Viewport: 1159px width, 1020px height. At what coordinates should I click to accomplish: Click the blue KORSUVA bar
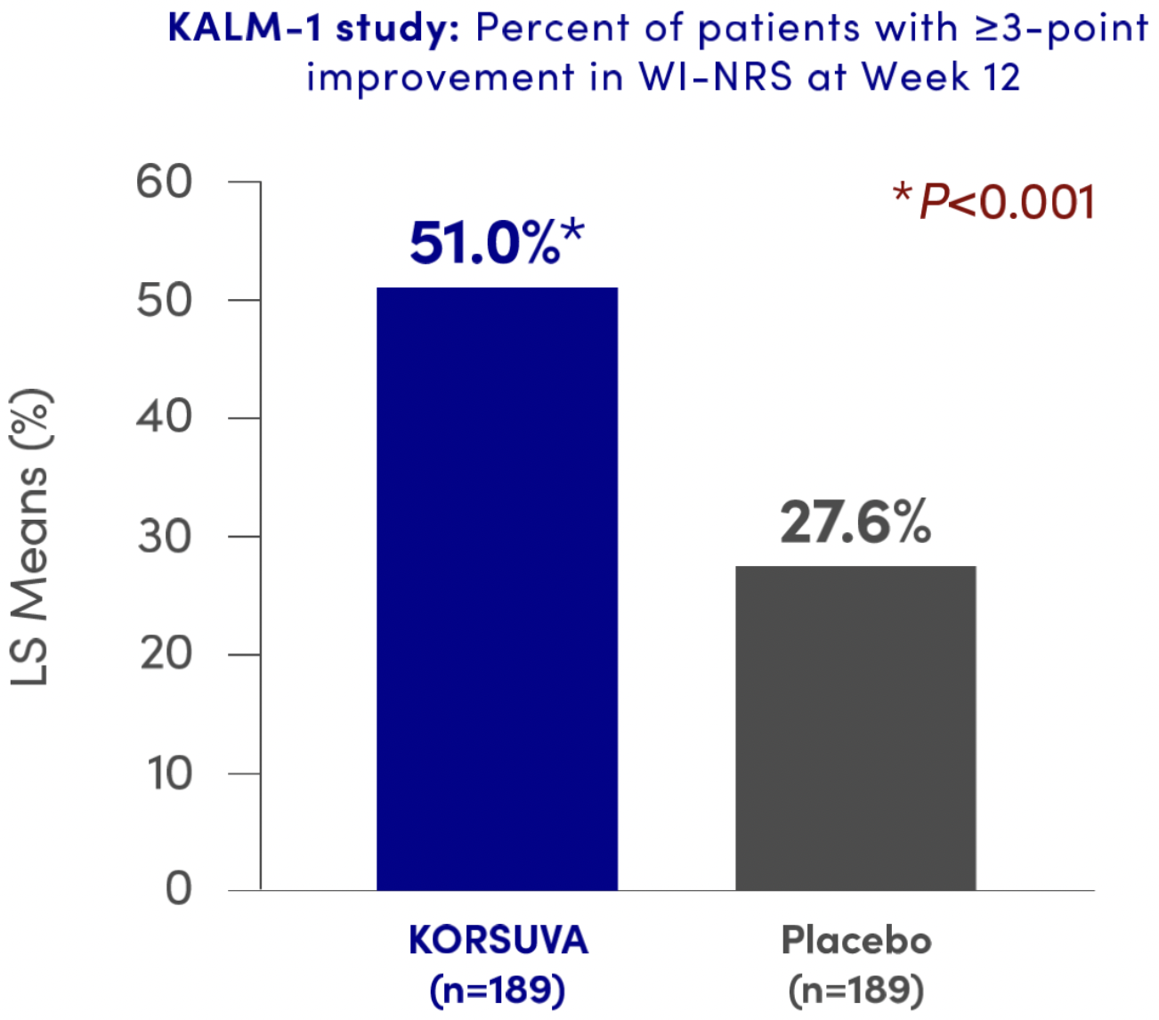pyautogui.click(x=497, y=587)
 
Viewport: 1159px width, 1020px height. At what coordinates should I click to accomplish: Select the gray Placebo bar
pyautogui.click(x=855, y=727)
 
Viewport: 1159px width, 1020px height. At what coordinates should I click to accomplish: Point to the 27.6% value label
pyautogui.click(x=855, y=522)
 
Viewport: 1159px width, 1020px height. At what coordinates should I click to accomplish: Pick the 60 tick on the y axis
pyautogui.click(x=165, y=182)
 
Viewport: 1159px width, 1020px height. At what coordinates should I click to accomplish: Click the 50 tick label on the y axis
pyautogui.click(x=165, y=301)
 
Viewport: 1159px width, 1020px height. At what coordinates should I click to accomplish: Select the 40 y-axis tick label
pyautogui.click(x=165, y=418)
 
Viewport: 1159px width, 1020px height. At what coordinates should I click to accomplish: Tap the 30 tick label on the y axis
pyautogui.click(x=165, y=537)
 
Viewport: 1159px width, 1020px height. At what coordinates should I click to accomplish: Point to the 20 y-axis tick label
pyautogui.click(x=165, y=654)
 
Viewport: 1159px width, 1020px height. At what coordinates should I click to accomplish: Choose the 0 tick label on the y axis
pyautogui.click(x=178, y=889)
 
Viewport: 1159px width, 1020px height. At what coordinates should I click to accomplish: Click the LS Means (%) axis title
pyautogui.click(x=30, y=538)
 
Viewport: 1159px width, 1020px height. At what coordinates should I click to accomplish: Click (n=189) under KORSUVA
pyautogui.click(x=498, y=989)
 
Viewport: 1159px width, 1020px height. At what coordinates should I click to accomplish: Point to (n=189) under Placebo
pyautogui.click(x=856, y=989)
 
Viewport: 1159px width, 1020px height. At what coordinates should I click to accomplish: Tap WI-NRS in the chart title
pyautogui.click(x=715, y=77)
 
